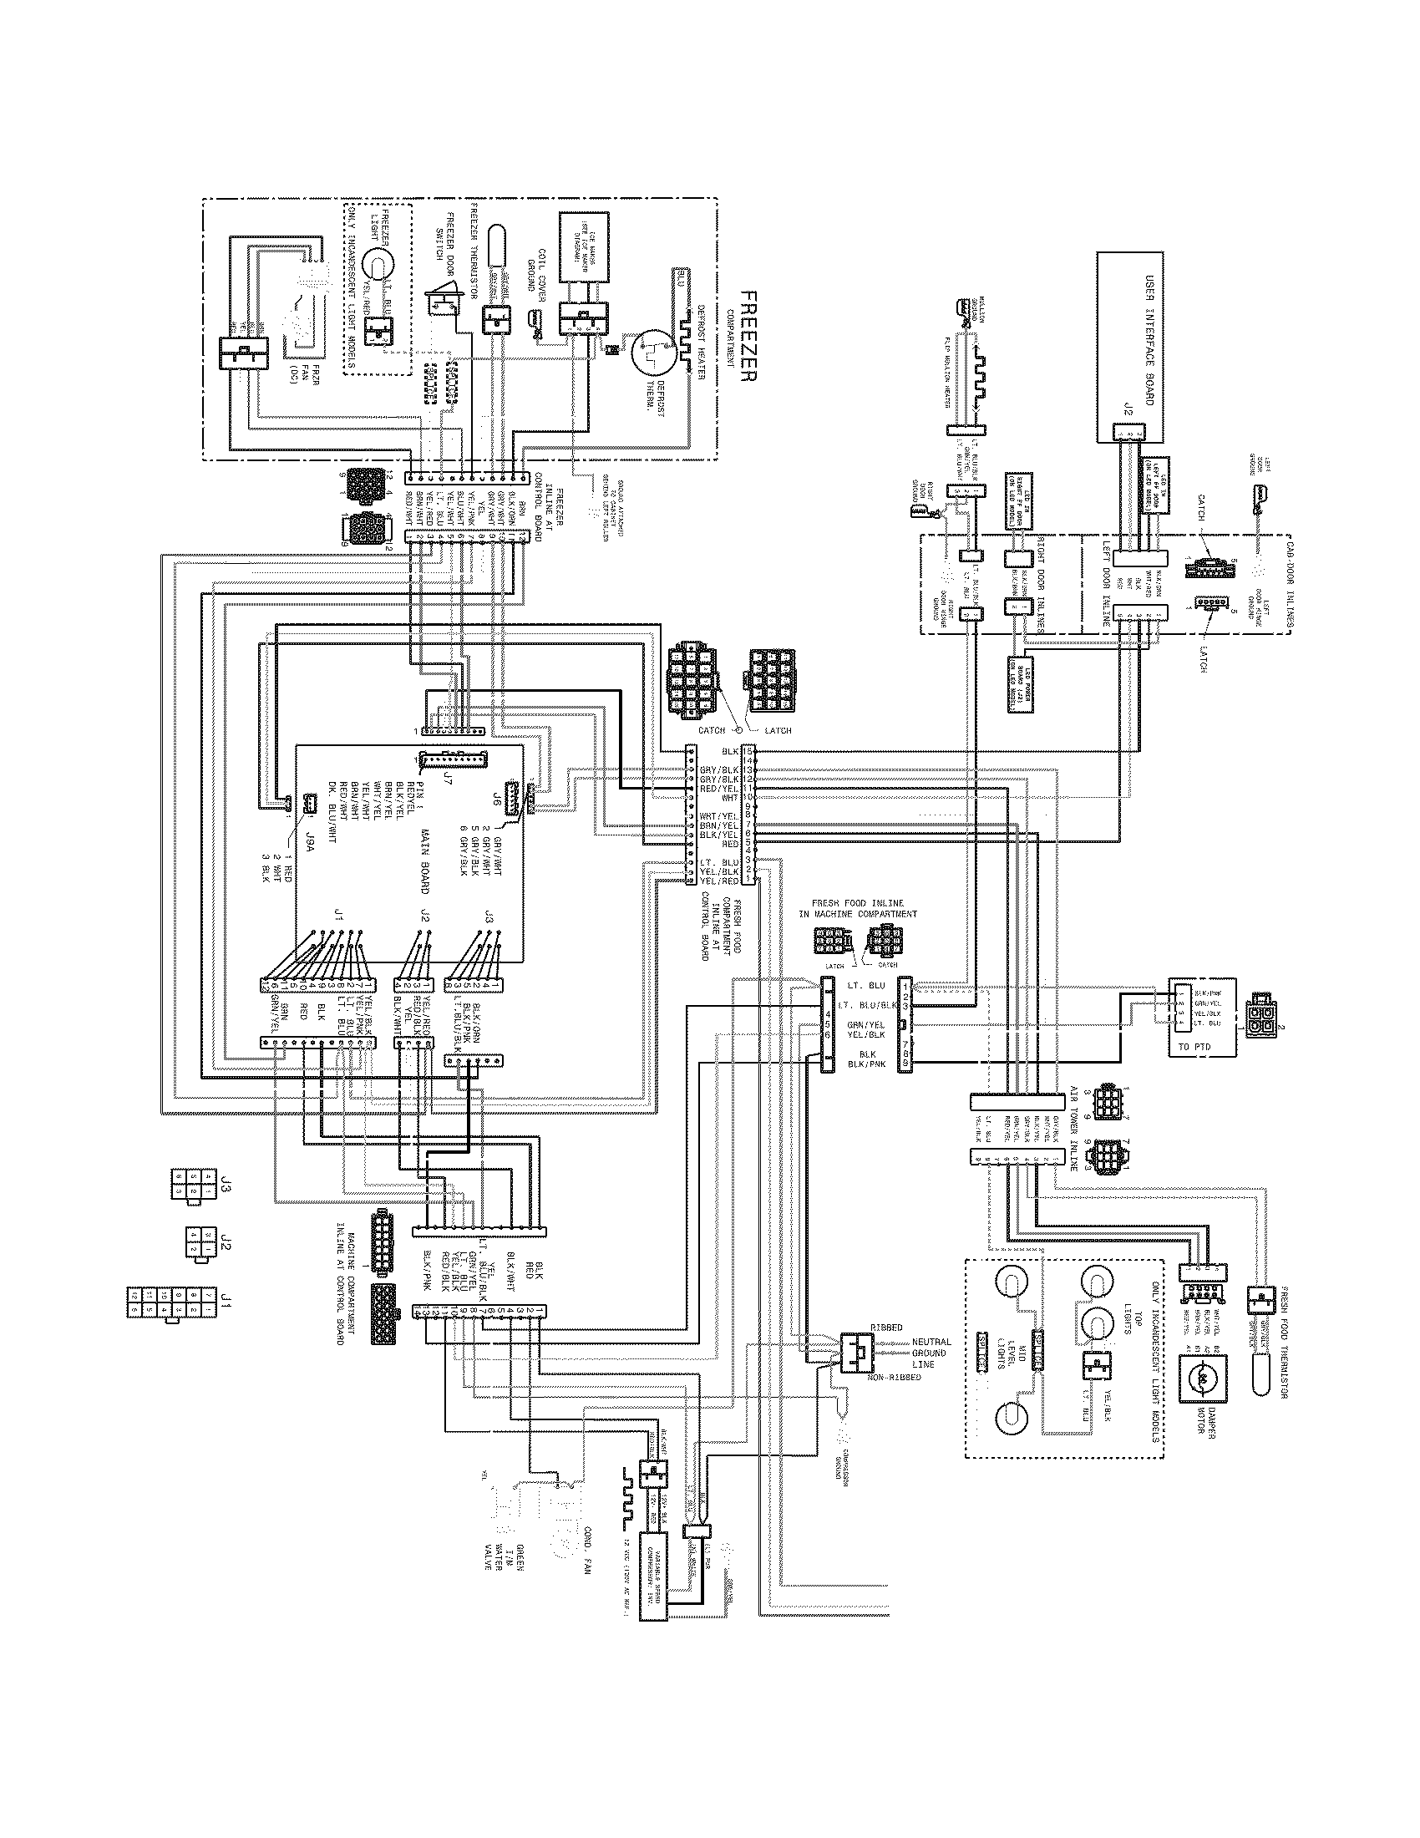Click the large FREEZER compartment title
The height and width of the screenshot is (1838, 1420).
tap(747, 336)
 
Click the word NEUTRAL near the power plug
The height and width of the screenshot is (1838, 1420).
tap(931, 1343)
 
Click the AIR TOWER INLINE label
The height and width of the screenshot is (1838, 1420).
tap(1073, 1128)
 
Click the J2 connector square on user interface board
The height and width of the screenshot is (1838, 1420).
tap(1127, 432)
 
